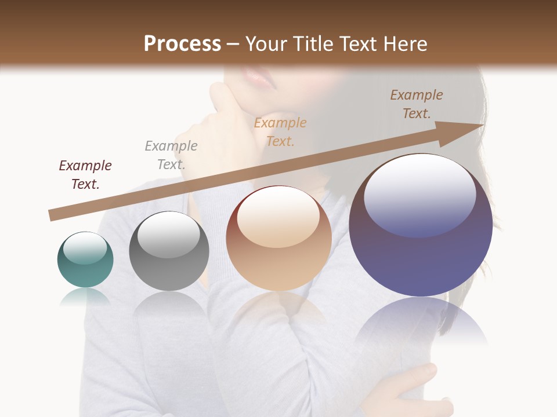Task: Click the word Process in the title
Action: coord(182,44)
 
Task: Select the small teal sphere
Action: coord(85,260)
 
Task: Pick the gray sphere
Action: coord(169,251)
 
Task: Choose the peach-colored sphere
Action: coord(278,239)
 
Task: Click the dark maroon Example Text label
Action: coord(85,174)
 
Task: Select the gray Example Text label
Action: coord(171,155)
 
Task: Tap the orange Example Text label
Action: coord(280,131)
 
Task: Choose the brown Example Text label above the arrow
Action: coord(416,104)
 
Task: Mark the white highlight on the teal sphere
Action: coord(85,248)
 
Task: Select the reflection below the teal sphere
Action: coord(85,297)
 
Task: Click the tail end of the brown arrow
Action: coord(53,215)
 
